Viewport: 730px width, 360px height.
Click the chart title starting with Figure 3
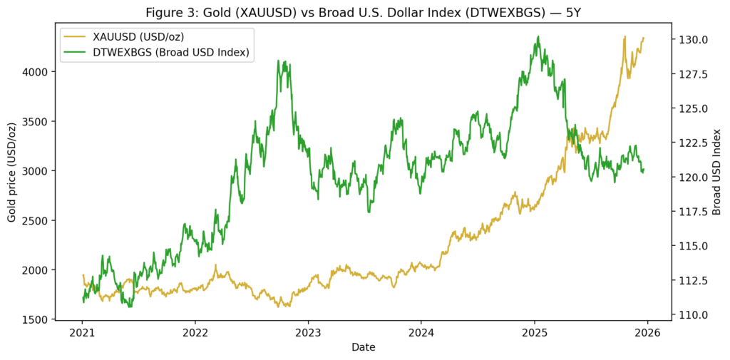coord(364,13)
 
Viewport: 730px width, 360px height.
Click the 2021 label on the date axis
coord(83,332)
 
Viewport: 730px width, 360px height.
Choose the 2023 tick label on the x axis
coord(308,332)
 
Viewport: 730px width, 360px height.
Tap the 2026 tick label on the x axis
coord(647,332)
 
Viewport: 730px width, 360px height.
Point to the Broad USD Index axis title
coord(716,171)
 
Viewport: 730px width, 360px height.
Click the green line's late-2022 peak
coord(284,61)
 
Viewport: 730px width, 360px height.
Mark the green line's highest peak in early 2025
coord(538,36)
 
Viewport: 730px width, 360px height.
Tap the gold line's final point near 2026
coord(644,38)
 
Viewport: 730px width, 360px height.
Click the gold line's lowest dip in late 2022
coord(278,307)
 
